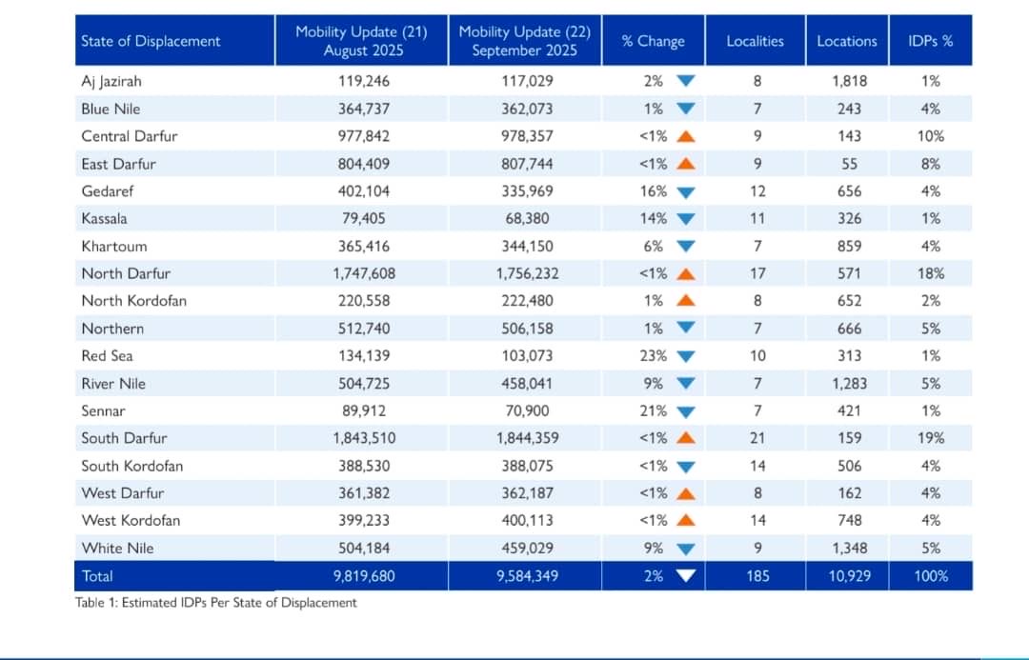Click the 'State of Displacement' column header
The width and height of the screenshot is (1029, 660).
click(x=151, y=41)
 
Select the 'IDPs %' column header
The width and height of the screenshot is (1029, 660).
click(x=930, y=41)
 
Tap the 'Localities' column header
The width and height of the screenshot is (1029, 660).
click(x=755, y=41)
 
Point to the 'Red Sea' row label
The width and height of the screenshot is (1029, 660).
click(x=107, y=355)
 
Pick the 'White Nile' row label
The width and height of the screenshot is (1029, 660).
click(x=117, y=548)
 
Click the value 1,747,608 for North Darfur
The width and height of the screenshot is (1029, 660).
click(x=364, y=273)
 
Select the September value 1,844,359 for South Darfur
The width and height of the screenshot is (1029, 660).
click(x=527, y=438)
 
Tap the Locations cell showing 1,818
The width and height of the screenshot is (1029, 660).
click(x=848, y=81)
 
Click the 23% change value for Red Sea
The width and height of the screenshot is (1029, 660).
click(x=653, y=355)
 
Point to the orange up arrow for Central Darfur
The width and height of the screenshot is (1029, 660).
click(x=685, y=136)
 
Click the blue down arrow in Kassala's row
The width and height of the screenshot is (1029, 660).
click(x=685, y=219)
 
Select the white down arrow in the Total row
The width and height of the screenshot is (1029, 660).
click(x=685, y=575)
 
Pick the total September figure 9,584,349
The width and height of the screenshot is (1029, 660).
click(x=527, y=575)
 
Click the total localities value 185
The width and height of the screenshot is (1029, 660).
click(x=757, y=575)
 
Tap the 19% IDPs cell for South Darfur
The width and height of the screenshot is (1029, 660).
click(x=931, y=438)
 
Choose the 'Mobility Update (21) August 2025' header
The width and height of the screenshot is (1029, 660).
click(x=361, y=41)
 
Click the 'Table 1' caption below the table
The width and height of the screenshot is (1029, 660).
click(x=216, y=602)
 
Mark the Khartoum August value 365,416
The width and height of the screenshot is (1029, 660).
click(x=364, y=246)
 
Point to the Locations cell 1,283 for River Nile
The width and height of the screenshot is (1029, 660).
click(x=848, y=383)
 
